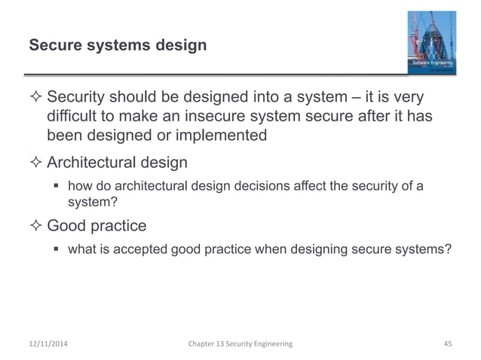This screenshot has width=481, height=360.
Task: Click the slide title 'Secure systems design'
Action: tap(118, 46)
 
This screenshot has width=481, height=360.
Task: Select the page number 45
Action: tap(447, 343)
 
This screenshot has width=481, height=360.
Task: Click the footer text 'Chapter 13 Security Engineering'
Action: tap(240, 343)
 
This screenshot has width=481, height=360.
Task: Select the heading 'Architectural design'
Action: tap(117, 162)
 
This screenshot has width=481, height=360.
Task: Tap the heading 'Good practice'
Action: tap(97, 226)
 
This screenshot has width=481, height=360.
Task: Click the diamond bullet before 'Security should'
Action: tap(36, 98)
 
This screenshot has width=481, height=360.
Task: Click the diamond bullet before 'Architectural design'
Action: tap(36, 163)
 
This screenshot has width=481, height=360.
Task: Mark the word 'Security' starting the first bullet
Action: tap(78, 98)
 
